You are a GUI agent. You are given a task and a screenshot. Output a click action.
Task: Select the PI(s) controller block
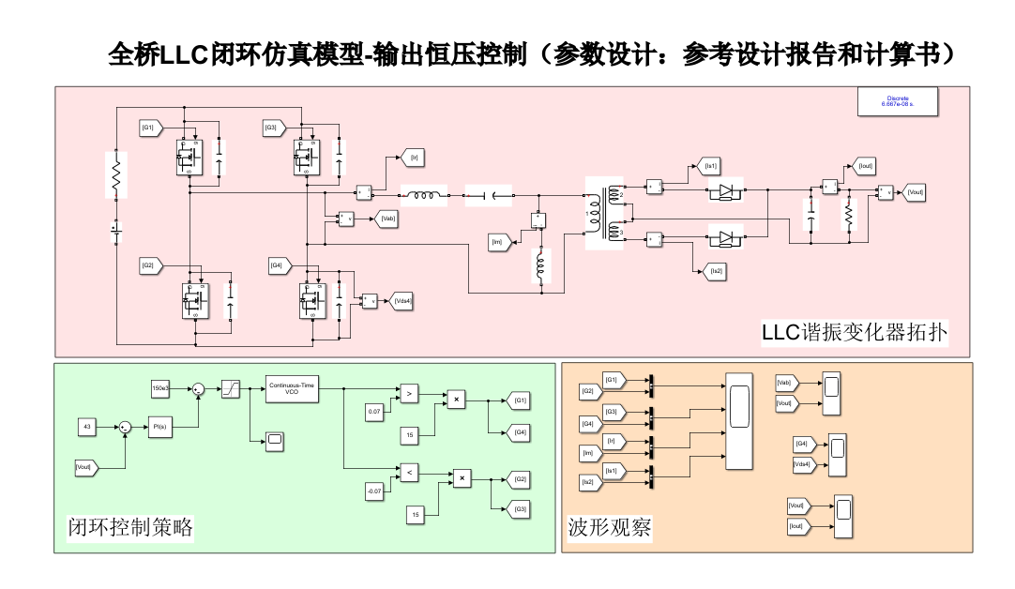(160, 427)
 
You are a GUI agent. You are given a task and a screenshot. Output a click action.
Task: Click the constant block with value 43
(87, 427)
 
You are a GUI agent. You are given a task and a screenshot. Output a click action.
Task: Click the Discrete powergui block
(898, 101)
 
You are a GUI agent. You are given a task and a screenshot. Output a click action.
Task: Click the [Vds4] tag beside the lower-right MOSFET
(403, 300)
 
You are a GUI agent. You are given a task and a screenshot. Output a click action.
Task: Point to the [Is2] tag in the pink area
(716, 271)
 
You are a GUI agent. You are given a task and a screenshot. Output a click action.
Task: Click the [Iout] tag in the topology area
(865, 166)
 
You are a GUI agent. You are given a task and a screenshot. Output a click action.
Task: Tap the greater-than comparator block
(409, 395)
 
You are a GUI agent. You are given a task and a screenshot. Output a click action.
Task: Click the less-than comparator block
(409, 474)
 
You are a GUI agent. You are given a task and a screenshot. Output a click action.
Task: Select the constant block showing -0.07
(375, 491)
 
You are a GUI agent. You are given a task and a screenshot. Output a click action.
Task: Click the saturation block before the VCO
(231, 388)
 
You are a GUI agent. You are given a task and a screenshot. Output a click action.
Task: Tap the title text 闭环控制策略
(130, 528)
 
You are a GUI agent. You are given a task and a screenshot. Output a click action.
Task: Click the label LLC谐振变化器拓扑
(854, 331)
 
